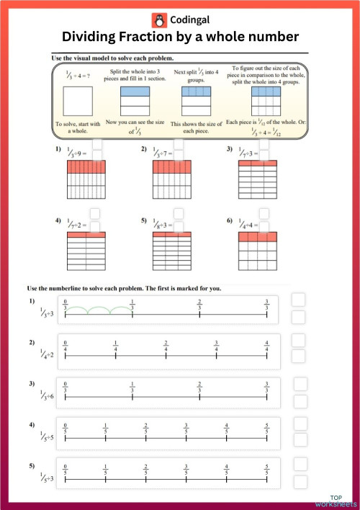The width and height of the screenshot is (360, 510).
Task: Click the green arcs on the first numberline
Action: (99, 312)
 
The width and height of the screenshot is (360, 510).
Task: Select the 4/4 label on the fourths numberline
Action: (267, 345)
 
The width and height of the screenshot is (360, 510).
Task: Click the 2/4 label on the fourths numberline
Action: (166, 345)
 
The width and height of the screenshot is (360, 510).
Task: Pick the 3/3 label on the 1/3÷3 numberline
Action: (267, 303)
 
